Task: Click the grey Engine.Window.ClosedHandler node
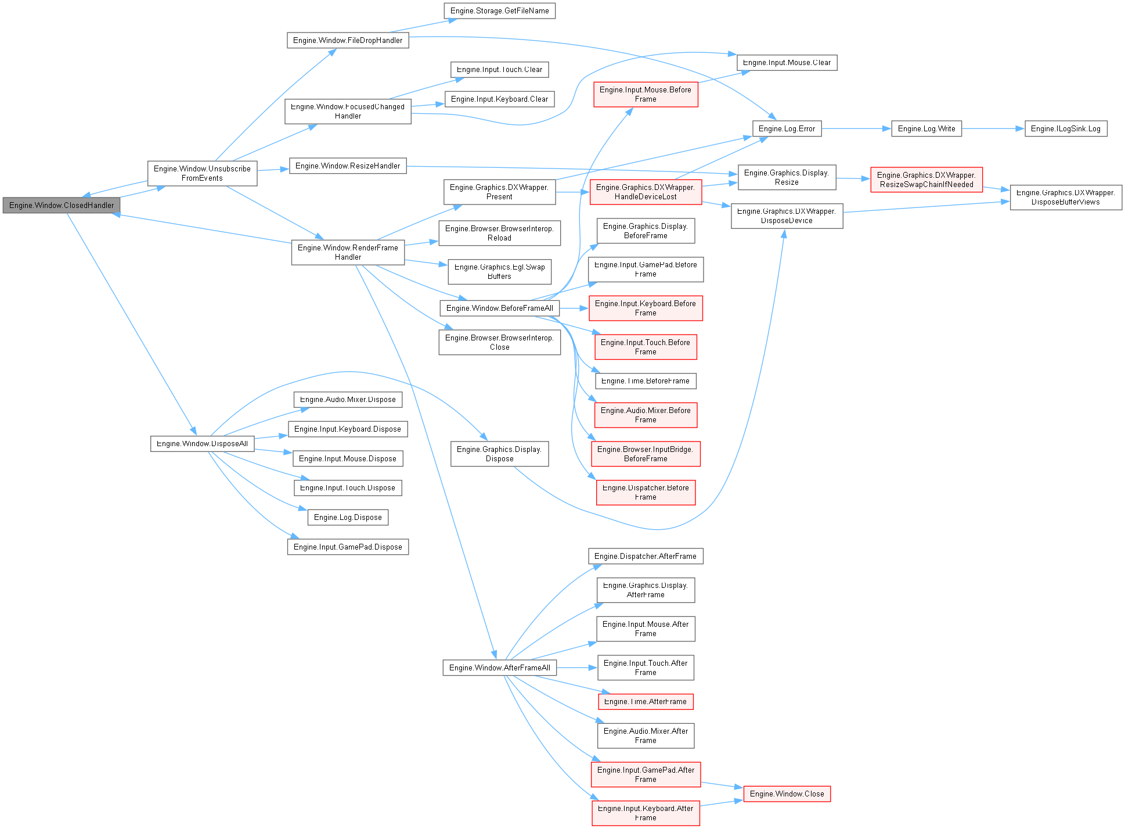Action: click(62, 205)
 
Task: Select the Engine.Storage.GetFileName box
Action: click(499, 10)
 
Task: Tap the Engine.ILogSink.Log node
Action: click(1065, 128)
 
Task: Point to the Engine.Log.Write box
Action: click(926, 128)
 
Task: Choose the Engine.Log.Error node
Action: click(787, 128)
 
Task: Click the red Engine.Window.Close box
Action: click(787, 794)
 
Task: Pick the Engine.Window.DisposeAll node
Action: click(202, 443)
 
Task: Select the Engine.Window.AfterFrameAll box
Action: click(499, 667)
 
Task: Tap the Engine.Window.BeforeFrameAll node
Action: click(499, 308)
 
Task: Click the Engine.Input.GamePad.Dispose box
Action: click(348, 547)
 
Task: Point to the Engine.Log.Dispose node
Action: click(348, 517)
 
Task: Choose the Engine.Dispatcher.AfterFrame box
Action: click(645, 556)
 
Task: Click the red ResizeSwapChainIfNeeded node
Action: click(926, 180)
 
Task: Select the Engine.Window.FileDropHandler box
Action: click(347, 40)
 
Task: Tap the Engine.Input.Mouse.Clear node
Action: click(787, 62)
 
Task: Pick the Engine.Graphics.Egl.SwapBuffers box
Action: click(499, 271)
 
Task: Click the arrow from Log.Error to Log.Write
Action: click(856, 128)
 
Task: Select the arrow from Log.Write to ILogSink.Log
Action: click(993, 128)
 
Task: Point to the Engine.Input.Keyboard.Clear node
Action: click(499, 99)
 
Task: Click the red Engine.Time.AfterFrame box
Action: click(645, 701)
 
